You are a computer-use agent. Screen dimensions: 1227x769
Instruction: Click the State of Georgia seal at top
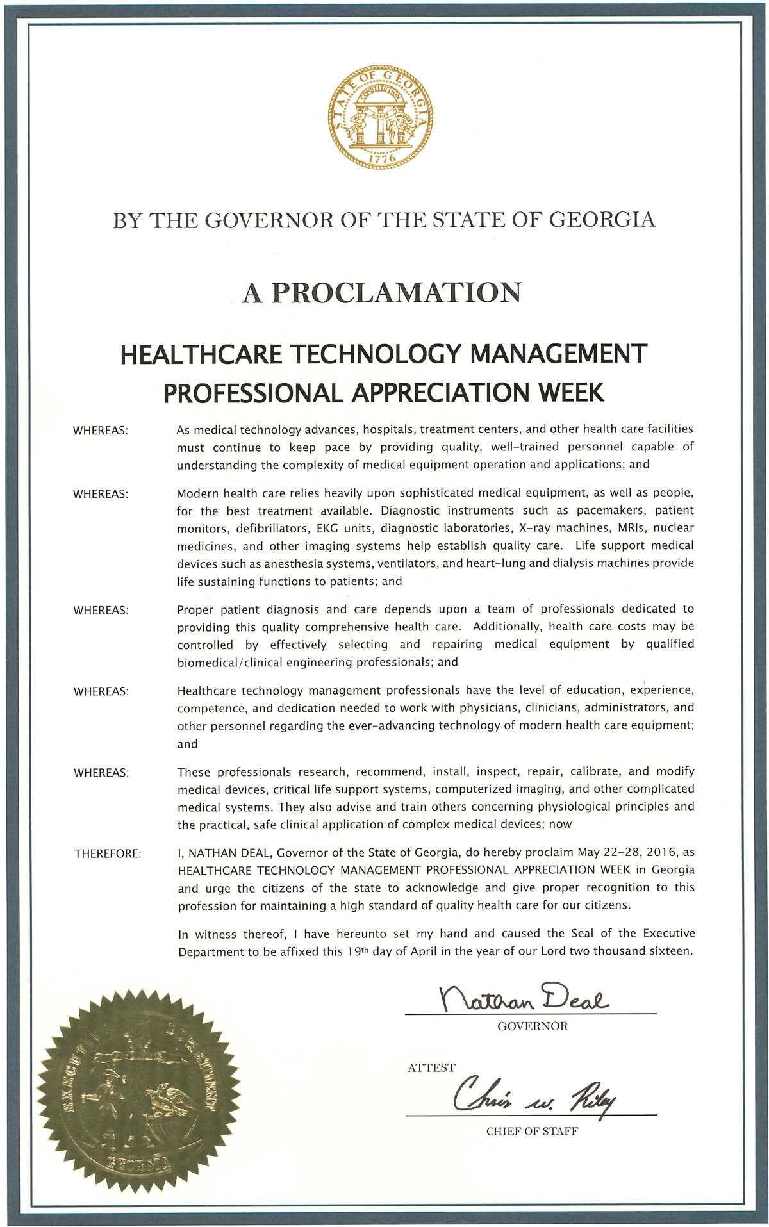coord(381,117)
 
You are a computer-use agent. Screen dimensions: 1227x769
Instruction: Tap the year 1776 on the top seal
coord(382,157)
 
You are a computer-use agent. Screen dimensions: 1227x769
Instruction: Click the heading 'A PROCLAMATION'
coord(382,293)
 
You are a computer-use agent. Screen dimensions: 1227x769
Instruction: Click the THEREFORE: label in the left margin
coord(108,854)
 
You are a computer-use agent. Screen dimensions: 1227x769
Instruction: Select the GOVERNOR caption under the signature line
coord(533,1026)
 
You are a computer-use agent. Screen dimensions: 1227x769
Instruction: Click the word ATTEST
coord(431,1067)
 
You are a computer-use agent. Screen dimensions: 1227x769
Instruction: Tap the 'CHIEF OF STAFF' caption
coord(532,1132)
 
